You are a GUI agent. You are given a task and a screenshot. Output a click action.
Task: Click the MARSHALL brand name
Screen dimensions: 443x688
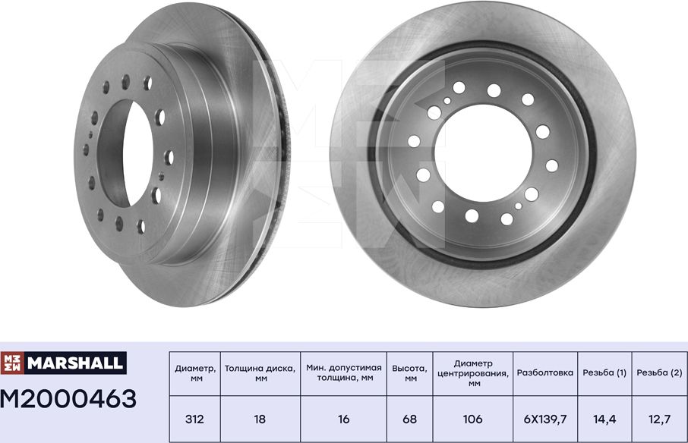(74, 363)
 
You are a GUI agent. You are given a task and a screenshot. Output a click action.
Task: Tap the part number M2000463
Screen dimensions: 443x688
(69, 398)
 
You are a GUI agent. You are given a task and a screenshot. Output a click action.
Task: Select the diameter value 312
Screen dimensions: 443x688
(194, 419)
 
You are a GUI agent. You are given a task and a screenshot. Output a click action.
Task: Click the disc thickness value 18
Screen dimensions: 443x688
(259, 419)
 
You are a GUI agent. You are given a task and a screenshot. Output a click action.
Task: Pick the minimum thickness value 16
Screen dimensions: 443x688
(343, 419)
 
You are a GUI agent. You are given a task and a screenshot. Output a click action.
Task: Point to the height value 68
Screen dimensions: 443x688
(410, 419)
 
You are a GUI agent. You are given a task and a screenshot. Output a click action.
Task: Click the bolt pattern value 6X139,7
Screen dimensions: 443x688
(546, 419)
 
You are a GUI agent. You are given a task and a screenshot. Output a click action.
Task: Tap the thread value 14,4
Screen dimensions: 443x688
(604, 419)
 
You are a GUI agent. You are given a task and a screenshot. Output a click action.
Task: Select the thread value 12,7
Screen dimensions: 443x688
(659, 419)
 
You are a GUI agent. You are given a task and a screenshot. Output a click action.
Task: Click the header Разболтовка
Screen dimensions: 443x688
(546, 373)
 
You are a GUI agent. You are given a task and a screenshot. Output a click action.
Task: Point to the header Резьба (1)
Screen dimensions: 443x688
(604, 373)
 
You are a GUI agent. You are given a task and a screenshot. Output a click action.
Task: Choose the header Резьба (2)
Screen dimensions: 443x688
(659, 373)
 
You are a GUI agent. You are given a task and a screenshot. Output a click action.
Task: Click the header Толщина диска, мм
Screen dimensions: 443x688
(259, 373)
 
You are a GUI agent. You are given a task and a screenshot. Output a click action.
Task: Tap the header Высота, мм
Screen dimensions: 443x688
(410, 373)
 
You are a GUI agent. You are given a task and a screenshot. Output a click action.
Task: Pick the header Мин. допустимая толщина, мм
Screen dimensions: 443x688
(343, 373)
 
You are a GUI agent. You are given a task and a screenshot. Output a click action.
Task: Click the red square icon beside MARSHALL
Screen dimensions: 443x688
(13, 363)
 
